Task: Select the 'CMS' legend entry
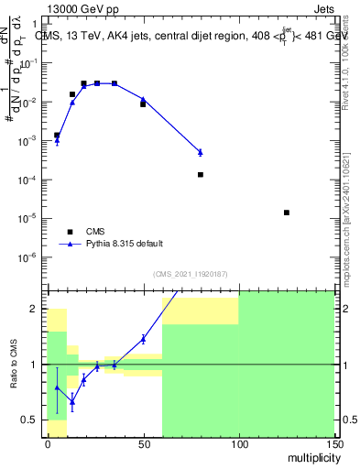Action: point(95,232)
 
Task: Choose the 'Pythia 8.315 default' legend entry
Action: point(125,244)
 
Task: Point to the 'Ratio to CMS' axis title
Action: point(15,364)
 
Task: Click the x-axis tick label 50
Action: point(143,444)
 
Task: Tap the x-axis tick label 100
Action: point(238,444)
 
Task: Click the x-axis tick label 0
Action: point(48,444)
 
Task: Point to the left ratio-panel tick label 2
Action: point(36,310)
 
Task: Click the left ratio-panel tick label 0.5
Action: point(31,420)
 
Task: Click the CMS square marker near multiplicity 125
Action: point(287,213)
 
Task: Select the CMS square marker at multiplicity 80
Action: point(200,174)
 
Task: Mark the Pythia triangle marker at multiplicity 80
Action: point(200,152)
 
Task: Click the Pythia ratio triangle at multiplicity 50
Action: point(143,339)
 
